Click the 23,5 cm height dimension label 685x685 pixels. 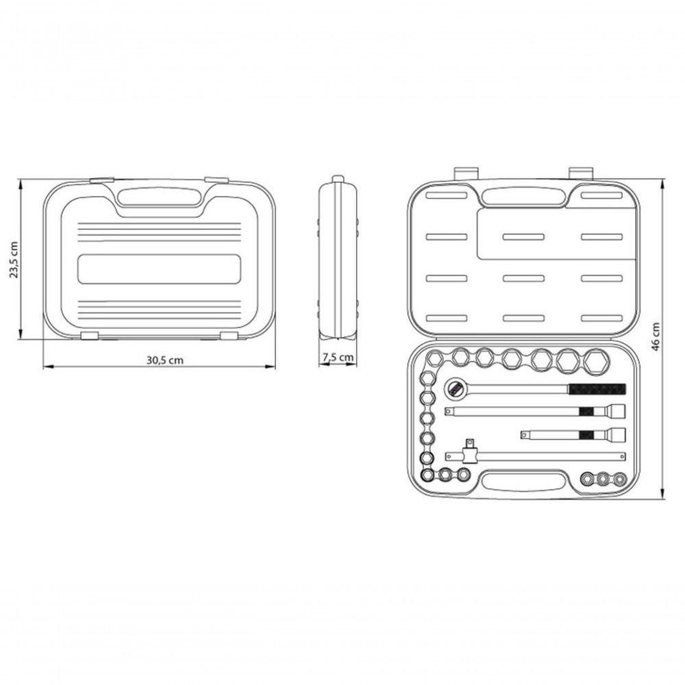(x=14, y=260)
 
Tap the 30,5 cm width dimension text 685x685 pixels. (x=164, y=360)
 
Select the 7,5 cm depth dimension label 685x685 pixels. (x=338, y=358)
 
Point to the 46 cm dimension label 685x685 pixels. (x=656, y=336)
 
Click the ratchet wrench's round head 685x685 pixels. (x=456, y=388)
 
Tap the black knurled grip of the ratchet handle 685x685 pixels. (x=597, y=389)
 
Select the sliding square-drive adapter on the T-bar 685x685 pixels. (x=470, y=452)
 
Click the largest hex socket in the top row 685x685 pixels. (x=596, y=362)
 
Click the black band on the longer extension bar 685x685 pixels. (x=586, y=411)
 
